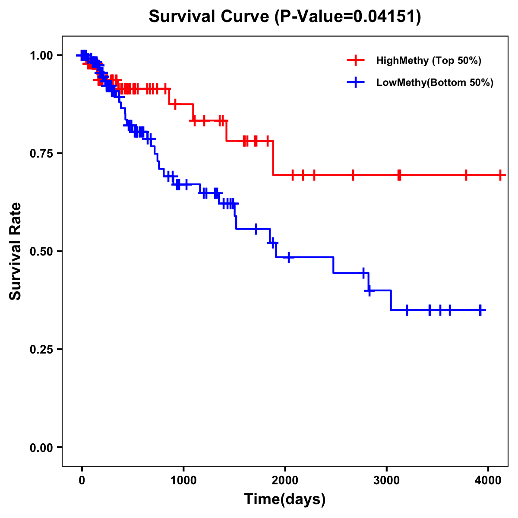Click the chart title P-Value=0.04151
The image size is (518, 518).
[x=285, y=16]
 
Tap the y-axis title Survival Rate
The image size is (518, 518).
[x=16, y=251]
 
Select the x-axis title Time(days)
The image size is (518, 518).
[x=285, y=499]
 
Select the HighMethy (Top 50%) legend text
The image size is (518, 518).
[x=429, y=60]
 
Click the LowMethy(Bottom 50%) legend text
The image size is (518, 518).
[x=435, y=82]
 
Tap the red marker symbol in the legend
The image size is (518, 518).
[x=356, y=60]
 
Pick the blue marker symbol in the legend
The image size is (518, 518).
[x=356, y=82]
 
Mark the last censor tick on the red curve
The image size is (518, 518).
[x=500, y=175]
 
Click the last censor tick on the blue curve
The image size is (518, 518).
[x=480, y=310]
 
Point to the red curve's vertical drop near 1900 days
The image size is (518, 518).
[x=273, y=158]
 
